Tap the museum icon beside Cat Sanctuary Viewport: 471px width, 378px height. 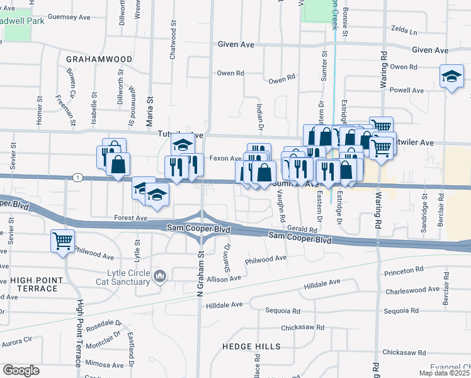pos(159,276)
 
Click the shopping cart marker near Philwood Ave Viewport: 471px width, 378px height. pos(62,241)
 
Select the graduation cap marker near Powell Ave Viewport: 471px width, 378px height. pos(451,76)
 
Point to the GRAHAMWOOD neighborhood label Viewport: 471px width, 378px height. pos(99,59)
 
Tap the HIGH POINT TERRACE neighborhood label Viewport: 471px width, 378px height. pos(33,284)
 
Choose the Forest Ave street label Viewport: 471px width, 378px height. pos(130,218)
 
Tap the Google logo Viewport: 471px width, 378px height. pos(21,370)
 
